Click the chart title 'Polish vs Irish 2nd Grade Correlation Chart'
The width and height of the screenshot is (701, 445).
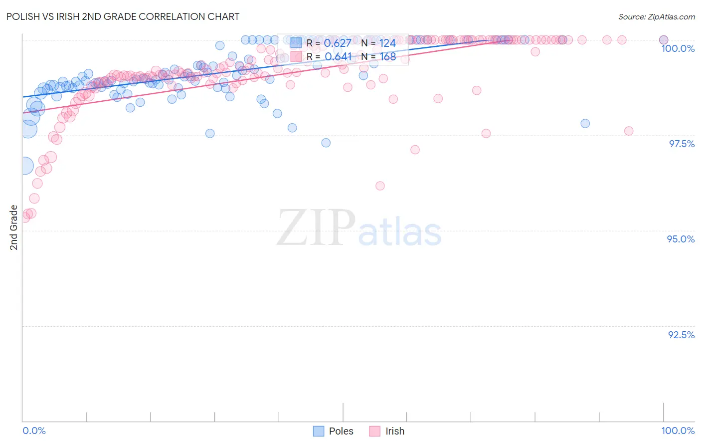[x=123, y=16]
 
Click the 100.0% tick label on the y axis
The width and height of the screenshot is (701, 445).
[x=678, y=48]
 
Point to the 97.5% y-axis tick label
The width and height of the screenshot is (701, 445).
[x=681, y=144]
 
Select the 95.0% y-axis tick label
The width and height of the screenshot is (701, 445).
[x=681, y=239]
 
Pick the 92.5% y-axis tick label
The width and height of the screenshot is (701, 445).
[x=681, y=335]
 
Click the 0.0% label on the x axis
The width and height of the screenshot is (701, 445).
[x=34, y=431]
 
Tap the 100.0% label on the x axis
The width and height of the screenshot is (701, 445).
[x=678, y=431]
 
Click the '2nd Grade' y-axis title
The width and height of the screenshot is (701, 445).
[x=14, y=227]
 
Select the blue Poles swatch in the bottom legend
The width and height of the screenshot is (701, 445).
[x=319, y=431]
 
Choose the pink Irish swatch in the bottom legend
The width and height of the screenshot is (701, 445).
[x=374, y=431]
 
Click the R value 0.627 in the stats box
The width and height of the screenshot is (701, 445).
[x=338, y=43]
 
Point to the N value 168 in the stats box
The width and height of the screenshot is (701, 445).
[x=387, y=57]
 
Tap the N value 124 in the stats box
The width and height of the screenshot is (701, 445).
[x=387, y=43]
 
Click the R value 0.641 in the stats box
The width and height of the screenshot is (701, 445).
[x=338, y=57]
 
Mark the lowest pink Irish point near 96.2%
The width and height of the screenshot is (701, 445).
[x=380, y=186]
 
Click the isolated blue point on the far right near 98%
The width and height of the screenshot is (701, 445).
[x=585, y=123]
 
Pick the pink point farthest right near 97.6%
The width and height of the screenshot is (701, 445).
[x=628, y=131]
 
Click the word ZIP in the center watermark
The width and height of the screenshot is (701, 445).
[x=316, y=228]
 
